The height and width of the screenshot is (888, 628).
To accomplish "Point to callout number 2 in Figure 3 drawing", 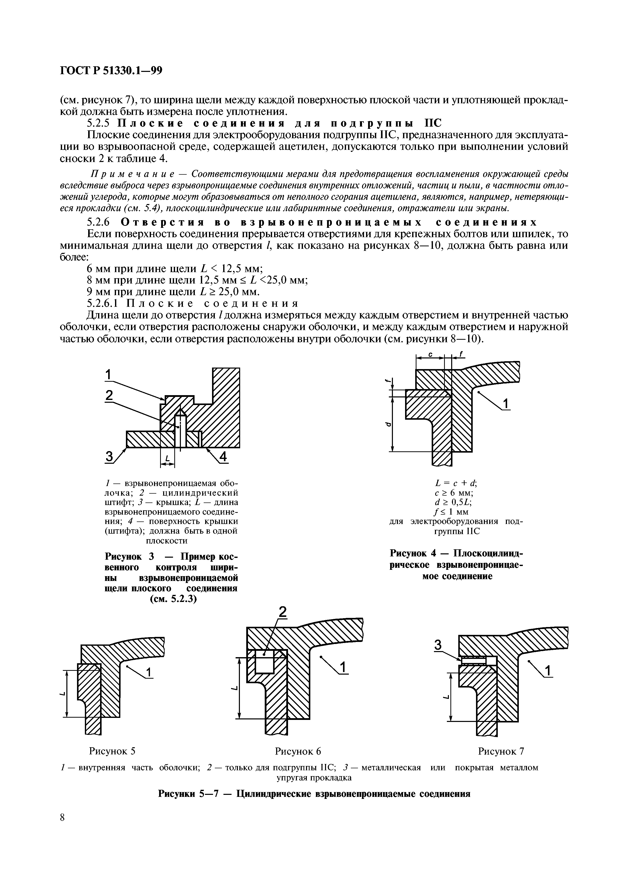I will click(109, 395).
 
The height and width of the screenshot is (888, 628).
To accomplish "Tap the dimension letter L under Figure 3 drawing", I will click(167, 459).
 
